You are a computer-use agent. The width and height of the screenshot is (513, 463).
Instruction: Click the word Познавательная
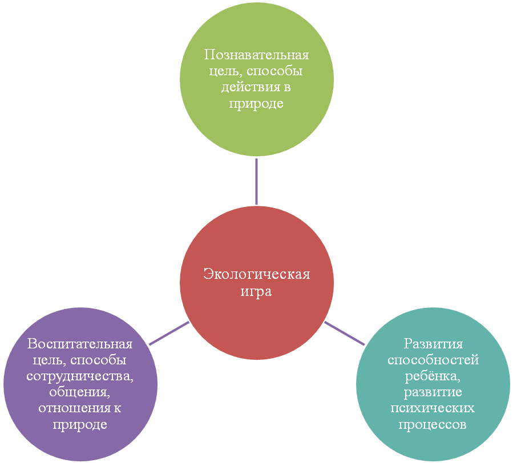(257, 55)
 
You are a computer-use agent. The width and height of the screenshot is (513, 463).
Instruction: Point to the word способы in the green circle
(274, 71)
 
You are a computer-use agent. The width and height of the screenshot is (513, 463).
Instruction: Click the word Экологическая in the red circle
(257, 274)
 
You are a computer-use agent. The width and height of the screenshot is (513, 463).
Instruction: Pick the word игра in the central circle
(256, 291)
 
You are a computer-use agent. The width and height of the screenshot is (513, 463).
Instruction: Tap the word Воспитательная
(80, 344)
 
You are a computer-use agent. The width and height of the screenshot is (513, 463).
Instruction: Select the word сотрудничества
(80, 376)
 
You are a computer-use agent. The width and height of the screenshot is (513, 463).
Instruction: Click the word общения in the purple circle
(79, 392)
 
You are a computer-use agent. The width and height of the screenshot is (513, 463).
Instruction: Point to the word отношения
(75, 408)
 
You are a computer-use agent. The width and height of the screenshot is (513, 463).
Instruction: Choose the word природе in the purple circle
(80, 425)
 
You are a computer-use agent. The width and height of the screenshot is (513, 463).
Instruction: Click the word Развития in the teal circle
(433, 344)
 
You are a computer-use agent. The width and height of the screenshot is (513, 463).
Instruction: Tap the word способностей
(433, 360)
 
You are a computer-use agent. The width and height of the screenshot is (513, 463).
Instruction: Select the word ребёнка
(433, 376)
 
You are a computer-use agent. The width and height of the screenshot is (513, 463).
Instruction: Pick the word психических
(433, 408)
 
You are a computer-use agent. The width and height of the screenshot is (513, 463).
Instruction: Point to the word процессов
(433, 425)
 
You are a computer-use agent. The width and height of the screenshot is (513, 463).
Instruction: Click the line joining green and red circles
(257, 181)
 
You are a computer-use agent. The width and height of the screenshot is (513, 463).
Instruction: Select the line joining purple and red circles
(169, 333)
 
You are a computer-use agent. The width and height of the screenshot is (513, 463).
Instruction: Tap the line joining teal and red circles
(344, 333)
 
